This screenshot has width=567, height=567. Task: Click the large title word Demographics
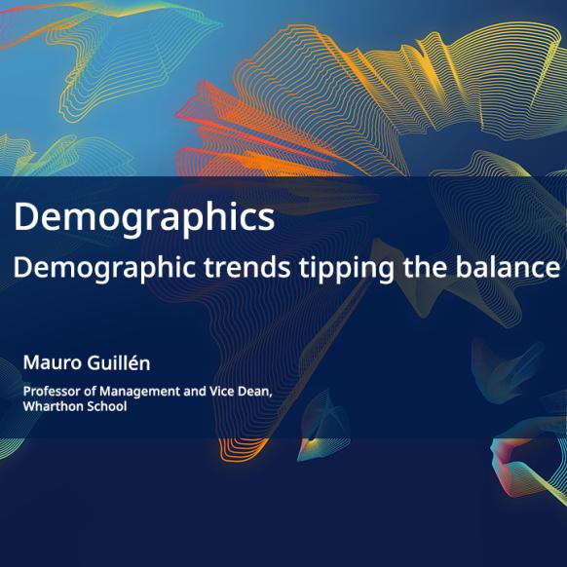point(144,219)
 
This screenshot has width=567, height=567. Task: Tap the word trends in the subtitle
point(247,267)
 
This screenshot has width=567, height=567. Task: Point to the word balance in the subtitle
point(508,267)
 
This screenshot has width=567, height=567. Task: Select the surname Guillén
point(119,362)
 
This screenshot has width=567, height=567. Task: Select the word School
point(105,406)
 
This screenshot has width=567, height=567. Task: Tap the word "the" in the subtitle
point(425,267)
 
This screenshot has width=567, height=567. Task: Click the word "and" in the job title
point(195,392)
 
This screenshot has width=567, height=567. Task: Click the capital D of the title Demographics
point(25,216)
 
